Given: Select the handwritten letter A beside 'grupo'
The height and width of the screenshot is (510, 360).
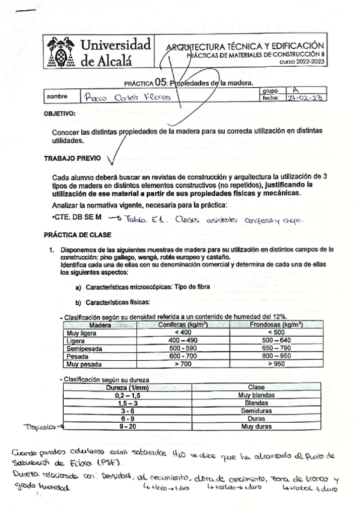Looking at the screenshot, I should (294, 89).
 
